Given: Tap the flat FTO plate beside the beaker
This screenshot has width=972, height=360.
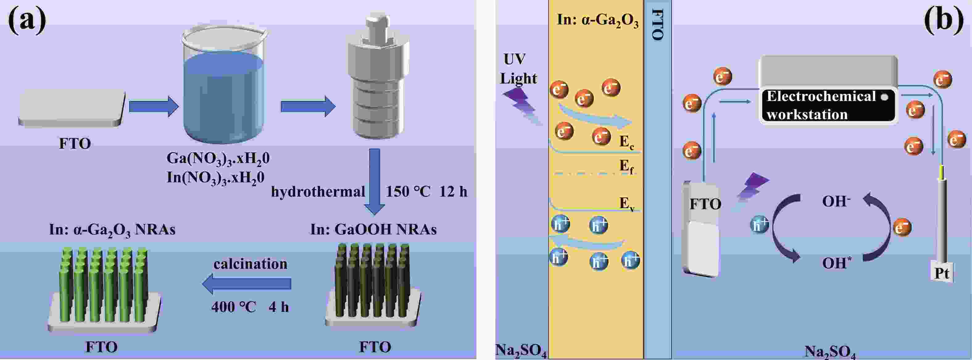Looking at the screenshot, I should (x=72, y=107).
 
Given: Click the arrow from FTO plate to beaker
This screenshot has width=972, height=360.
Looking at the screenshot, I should (x=153, y=107).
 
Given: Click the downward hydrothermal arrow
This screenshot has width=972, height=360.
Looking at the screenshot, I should (x=374, y=181).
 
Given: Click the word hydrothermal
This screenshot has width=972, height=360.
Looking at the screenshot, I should (x=318, y=192).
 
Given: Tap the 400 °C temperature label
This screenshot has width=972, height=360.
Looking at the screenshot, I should (x=234, y=307).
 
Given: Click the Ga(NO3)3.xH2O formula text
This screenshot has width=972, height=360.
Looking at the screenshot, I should (x=218, y=158).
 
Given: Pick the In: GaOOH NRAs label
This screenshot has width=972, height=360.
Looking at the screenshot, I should (x=374, y=229).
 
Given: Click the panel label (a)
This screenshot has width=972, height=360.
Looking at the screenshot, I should (x=27, y=21).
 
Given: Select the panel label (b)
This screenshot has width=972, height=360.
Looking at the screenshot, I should (x=943, y=21).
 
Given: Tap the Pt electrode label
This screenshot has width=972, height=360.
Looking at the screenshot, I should (x=941, y=273).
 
